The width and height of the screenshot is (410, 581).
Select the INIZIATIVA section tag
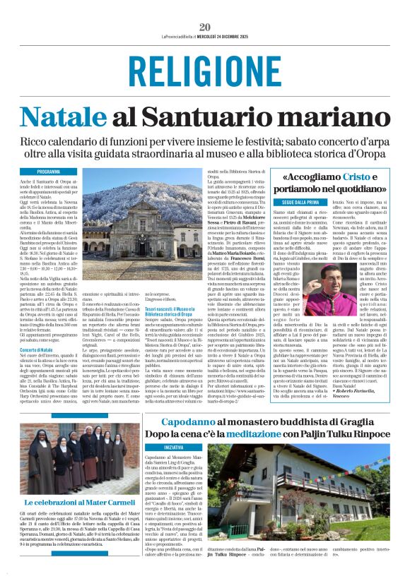(x=173, y=447)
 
